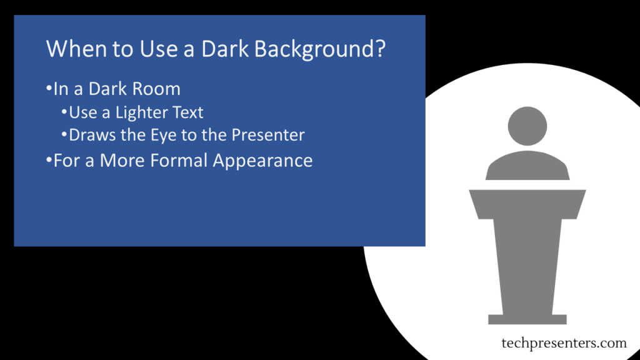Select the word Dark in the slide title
point(225,48)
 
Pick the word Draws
point(92,135)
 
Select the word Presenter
point(268,135)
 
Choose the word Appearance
point(263,161)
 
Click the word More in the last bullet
point(122,160)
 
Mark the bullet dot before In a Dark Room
point(49,87)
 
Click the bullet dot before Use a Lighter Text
point(64,111)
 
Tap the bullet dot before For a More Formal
point(49,159)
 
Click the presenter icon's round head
point(527,126)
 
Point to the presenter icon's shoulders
point(527,166)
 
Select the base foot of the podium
point(527,319)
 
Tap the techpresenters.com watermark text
point(564,343)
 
